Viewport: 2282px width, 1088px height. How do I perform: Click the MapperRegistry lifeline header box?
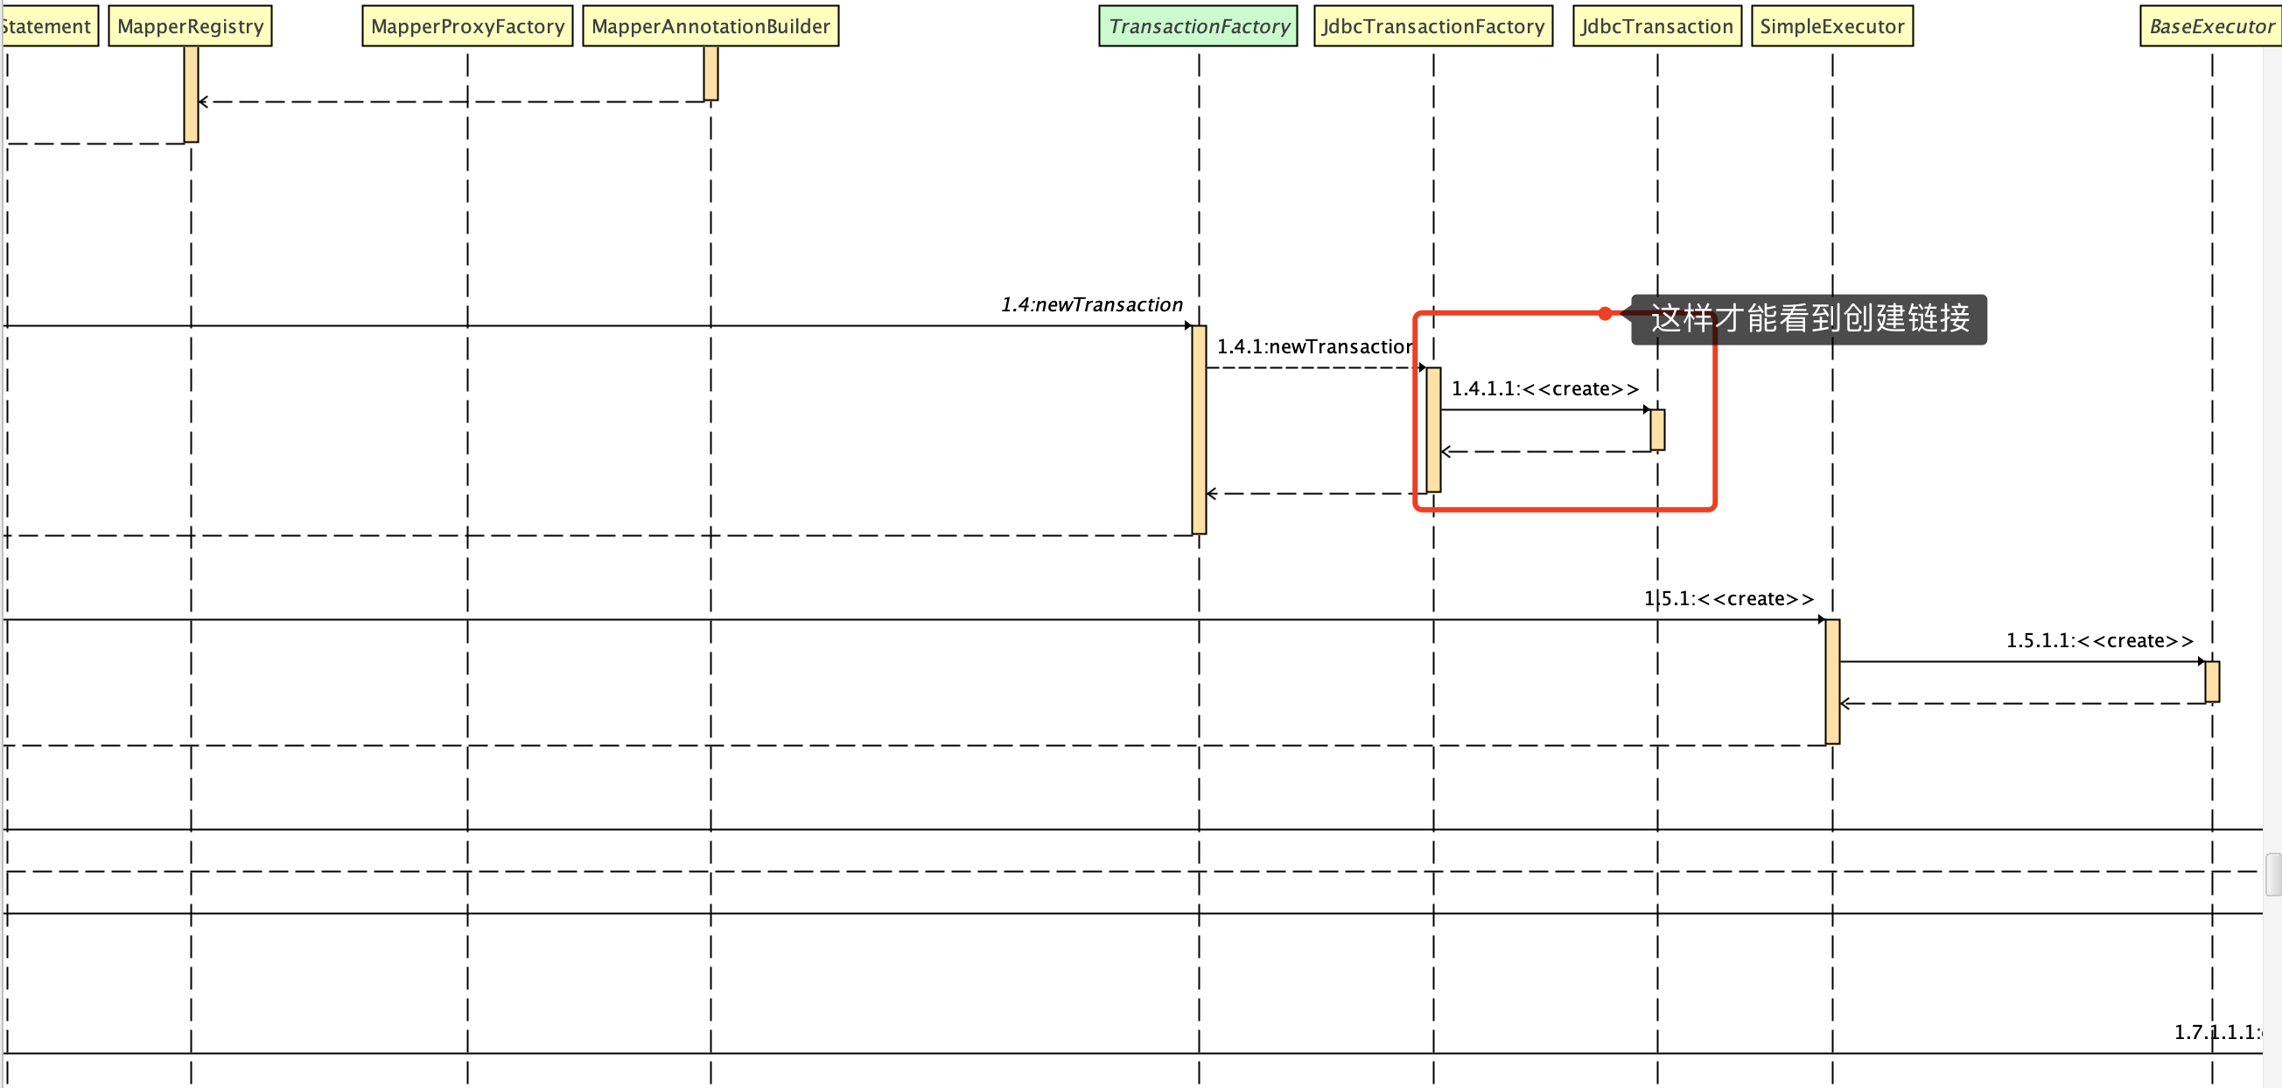tap(191, 26)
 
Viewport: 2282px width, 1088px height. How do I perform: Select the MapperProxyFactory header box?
tap(468, 26)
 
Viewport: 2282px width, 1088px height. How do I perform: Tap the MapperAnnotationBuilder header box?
tap(710, 26)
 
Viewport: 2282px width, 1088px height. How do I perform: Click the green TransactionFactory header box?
tap(1199, 26)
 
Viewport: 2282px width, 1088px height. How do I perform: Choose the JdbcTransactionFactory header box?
tap(1433, 26)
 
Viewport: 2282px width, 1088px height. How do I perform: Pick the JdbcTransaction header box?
tap(1657, 26)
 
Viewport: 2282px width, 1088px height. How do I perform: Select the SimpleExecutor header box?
tap(1832, 26)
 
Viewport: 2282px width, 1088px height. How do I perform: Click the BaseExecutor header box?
tap(2211, 26)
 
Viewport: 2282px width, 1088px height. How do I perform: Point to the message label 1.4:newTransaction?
tap(1091, 304)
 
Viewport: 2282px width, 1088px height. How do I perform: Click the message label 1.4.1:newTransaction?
tap(1314, 346)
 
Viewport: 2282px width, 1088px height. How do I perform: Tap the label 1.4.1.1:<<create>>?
tap(1545, 388)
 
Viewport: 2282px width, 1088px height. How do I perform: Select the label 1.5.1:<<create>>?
tap(1728, 598)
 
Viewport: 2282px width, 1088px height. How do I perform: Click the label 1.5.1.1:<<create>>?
tap(2099, 640)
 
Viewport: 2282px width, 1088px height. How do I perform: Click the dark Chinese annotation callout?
tap(1809, 318)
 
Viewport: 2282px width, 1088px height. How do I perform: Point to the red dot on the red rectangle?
tap(1606, 313)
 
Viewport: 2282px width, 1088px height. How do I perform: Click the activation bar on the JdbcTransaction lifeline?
tap(1657, 430)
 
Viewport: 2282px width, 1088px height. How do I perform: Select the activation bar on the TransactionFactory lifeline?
tap(1199, 430)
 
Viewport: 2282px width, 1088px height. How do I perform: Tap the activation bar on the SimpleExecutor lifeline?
tap(1832, 681)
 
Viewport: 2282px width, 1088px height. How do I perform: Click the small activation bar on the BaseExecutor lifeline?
tap(2212, 681)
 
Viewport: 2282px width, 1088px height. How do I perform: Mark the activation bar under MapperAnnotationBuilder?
tap(710, 73)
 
